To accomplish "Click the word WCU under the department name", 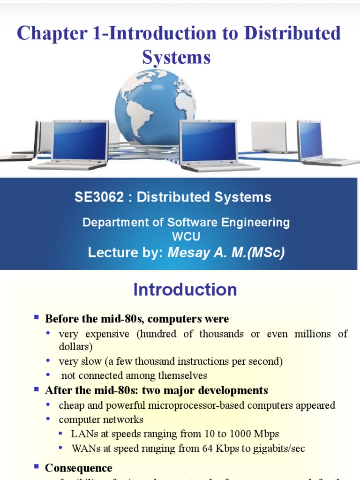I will click(x=186, y=237).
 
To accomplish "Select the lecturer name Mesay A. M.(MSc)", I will click(x=226, y=253).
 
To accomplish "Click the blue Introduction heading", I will click(x=185, y=290).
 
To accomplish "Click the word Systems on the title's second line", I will click(x=176, y=58).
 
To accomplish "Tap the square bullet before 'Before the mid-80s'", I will click(x=36, y=318).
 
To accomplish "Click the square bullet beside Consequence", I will click(x=36, y=467).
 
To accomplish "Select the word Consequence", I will click(x=78, y=468).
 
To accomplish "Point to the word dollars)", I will click(x=76, y=347).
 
